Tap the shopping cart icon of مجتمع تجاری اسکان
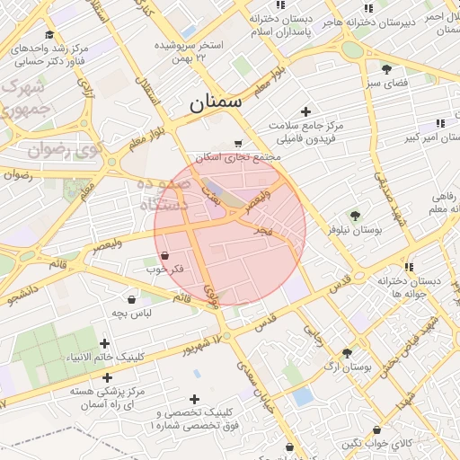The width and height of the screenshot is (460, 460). point(237,143)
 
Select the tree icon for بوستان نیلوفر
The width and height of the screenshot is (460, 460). point(355,216)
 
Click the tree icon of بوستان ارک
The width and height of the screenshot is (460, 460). point(347,352)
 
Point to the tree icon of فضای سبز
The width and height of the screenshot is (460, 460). point(386,69)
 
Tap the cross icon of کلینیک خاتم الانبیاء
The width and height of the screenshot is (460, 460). point(105,343)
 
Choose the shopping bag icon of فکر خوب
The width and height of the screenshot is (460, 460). point(164,256)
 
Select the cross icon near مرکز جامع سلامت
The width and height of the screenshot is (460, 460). point(306,112)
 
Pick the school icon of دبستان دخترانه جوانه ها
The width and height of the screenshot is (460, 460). point(409,267)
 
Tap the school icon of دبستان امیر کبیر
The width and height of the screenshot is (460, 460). point(440,123)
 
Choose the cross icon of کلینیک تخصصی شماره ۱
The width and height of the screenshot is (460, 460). point(194,399)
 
